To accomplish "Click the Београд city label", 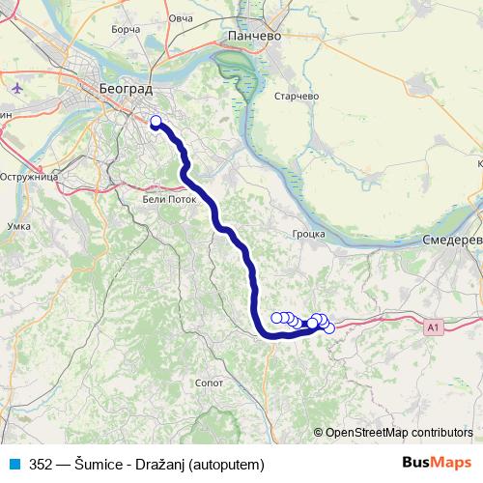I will pos(125,87).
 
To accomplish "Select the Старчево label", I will pos(297,96).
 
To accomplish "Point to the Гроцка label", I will pos(309,234).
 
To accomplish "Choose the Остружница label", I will pos(31,178).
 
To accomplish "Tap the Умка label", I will pos(18,225).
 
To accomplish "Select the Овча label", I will pos(181,17).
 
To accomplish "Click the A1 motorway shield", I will pos(433,328).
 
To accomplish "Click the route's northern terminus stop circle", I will pos(156,122).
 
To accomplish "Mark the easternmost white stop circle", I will pos(329,328).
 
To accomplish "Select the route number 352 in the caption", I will pos(42,464).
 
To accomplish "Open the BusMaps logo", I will pos(438,463).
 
